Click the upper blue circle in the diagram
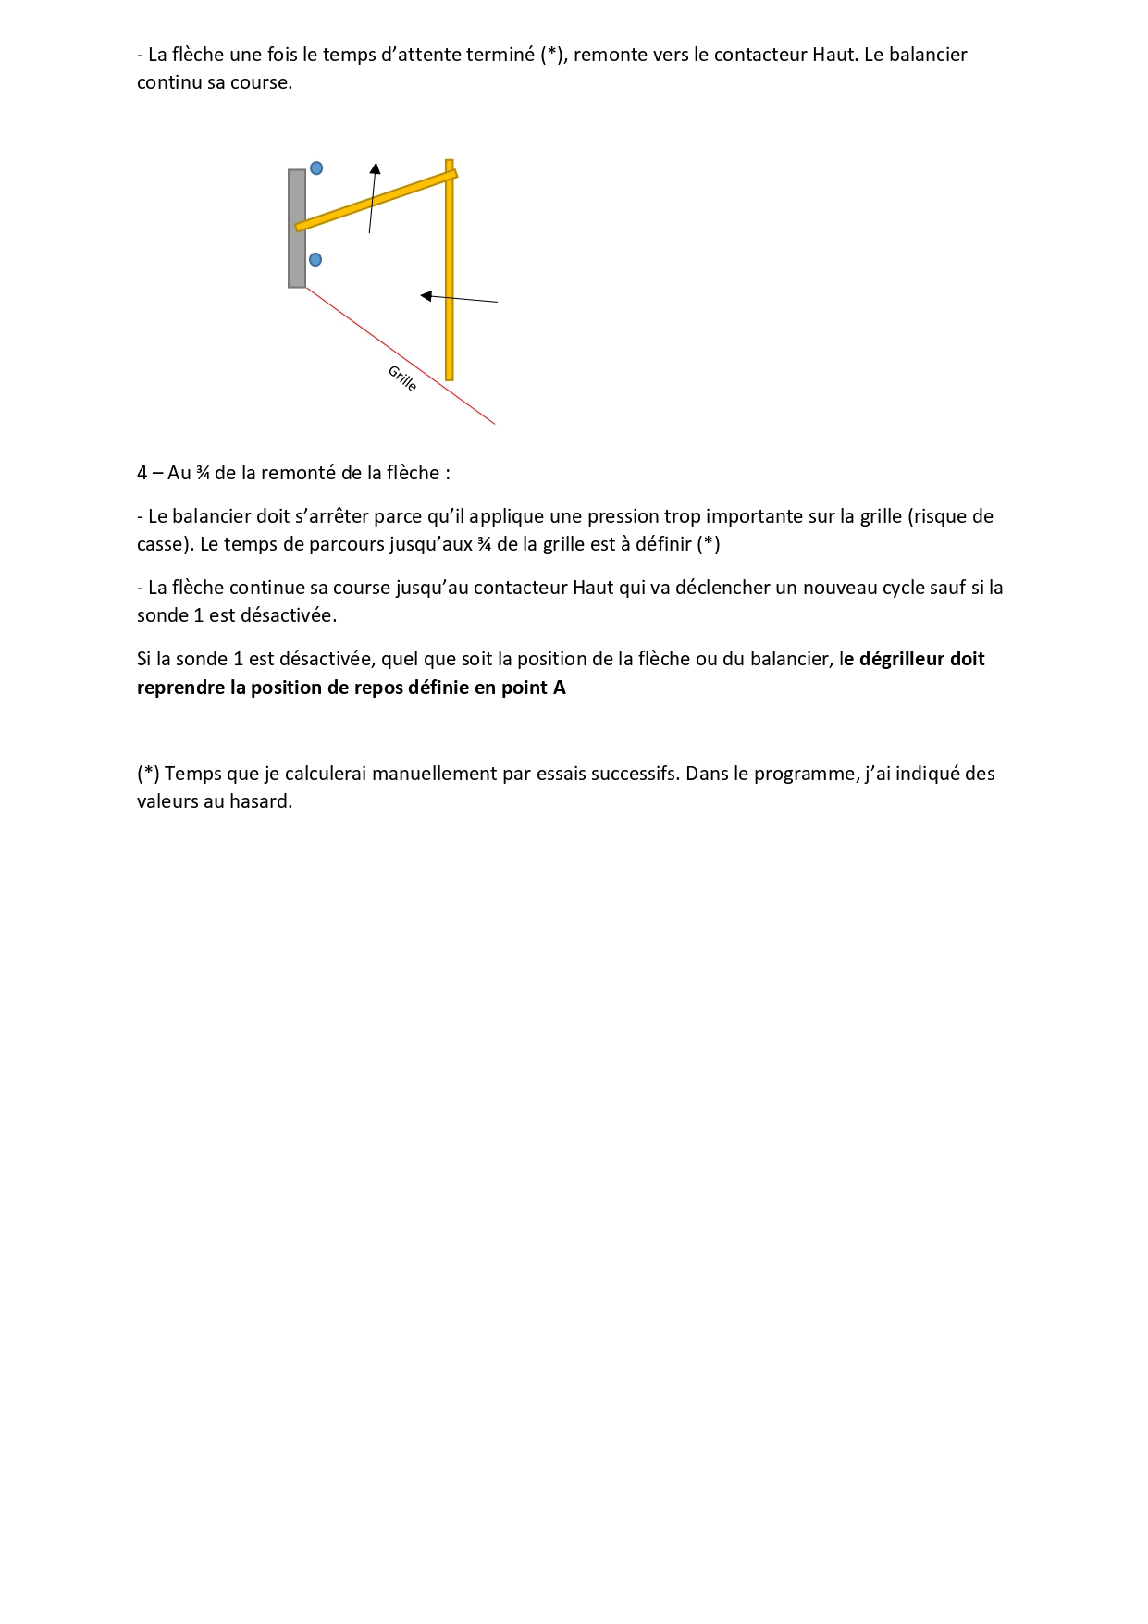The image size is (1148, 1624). (x=316, y=168)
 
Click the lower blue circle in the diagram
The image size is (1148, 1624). (x=315, y=259)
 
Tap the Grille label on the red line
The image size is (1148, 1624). (x=402, y=378)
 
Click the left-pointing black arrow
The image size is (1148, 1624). (x=459, y=298)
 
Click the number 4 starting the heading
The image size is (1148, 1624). (x=142, y=473)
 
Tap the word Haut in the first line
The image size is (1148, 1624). (x=833, y=55)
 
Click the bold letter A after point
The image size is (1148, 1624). (x=560, y=688)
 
